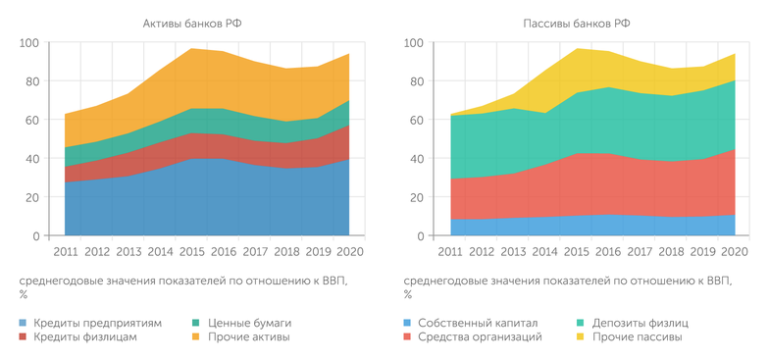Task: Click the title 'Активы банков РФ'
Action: click(187, 22)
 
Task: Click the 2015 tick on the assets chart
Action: click(192, 252)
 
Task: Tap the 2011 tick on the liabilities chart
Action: click(450, 252)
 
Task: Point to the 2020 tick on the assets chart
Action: click(348, 252)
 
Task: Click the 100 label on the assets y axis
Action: click(29, 43)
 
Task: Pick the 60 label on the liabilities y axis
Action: click(415, 121)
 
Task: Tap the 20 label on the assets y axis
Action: click(31, 197)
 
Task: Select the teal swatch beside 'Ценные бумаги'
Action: click(197, 323)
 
